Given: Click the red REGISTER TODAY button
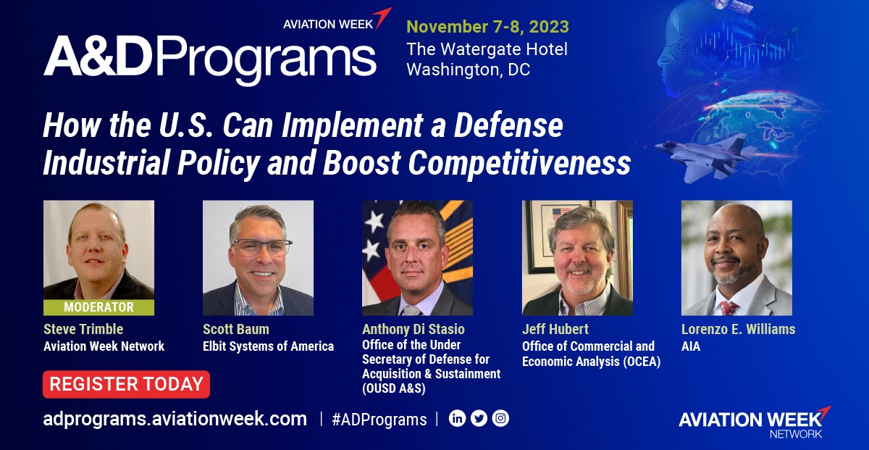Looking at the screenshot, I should (126, 384).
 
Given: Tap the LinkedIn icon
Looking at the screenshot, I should (457, 419).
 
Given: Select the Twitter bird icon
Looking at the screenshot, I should (479, 419).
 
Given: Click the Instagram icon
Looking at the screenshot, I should (500, 419).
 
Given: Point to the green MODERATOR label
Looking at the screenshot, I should (98, 307).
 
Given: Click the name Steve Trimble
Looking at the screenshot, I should (83, 330).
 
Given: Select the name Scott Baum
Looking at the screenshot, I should (236, 330).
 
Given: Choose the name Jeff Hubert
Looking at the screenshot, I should (555, 330).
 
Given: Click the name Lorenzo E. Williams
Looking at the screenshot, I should (738, 330).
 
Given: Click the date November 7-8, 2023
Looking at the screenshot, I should (487, 27).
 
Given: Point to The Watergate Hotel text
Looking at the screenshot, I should (487, 49).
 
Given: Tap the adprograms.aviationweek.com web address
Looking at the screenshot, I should (175, 419).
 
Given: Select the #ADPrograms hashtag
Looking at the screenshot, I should (379, 420).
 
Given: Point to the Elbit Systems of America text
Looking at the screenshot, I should (268, 346).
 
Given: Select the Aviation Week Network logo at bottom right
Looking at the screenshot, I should (754, 422).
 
